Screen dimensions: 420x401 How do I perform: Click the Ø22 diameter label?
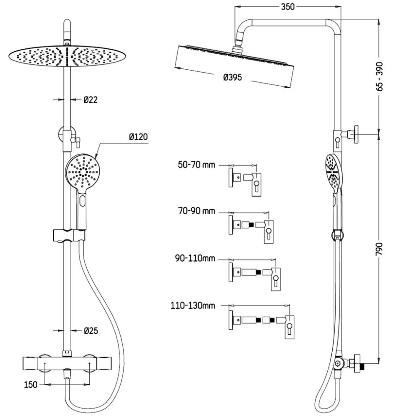91,100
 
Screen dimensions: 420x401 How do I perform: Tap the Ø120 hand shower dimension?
138,136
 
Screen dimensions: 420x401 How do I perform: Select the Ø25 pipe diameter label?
91,331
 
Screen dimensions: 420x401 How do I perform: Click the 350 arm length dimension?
287,6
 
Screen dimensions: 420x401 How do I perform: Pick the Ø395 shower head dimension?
233,77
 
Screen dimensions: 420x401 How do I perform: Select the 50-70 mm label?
196,165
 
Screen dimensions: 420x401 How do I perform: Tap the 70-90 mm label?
196,211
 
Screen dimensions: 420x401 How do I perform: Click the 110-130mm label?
193,305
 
